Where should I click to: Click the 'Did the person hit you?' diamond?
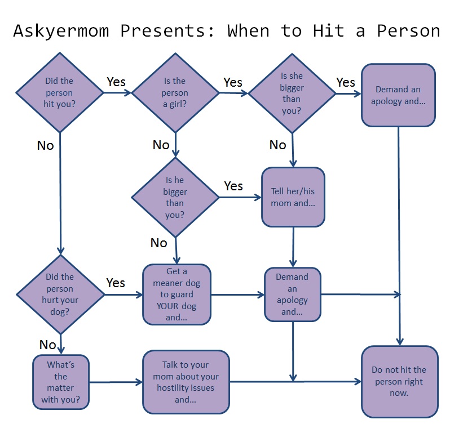coord(59,92)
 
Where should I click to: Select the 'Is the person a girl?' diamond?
coord(175,92)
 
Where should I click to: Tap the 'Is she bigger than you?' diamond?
coord(292,92)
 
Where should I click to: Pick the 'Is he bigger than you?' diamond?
coord(175,197)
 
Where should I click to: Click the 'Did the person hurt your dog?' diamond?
coord(60,294)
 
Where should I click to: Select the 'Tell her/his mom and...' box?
coord(293,197)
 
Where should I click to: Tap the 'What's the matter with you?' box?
coord(60,382)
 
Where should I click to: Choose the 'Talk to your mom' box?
coord(186,382)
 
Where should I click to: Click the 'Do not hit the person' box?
coord(399,382)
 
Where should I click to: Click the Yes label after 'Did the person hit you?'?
coord(116,82)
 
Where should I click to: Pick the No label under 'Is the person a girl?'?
coord(161,145)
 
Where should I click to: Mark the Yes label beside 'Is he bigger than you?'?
coord(233,185)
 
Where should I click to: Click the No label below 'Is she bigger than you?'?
coord(277,145)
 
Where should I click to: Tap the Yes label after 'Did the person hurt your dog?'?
coord(116,282)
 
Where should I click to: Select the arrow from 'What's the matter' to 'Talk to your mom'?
coord(116,383)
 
